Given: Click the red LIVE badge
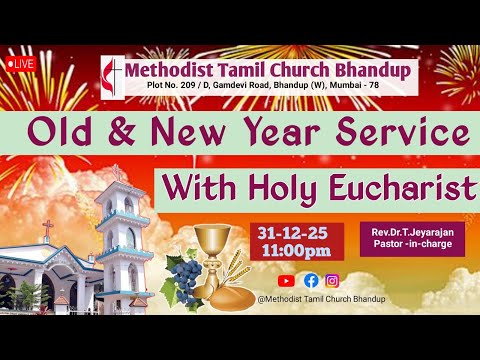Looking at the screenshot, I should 22,62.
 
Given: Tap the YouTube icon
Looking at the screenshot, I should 287,281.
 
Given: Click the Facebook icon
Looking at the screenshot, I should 311,281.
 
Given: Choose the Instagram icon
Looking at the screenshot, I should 333,281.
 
